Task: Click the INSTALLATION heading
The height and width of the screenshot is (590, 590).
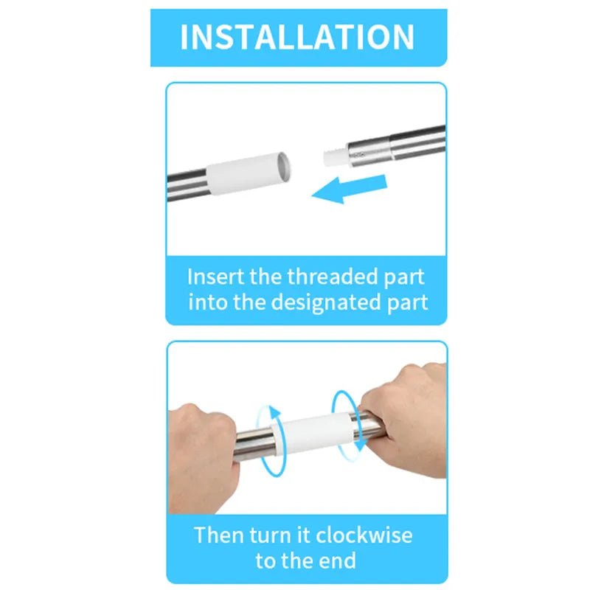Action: coord(297,37)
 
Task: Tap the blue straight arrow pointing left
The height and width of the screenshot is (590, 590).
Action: coord(350,189)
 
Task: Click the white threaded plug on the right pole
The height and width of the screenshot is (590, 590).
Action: coord(335,157)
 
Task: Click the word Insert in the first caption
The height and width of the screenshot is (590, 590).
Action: coord(216,277)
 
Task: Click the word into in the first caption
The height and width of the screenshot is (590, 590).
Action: coord(208,302)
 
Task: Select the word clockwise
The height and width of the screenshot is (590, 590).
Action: coord(364,535)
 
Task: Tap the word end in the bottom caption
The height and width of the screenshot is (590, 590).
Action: coord(337,560)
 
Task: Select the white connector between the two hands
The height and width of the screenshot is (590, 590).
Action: coord(312,434)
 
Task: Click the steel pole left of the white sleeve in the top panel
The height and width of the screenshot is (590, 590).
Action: coord(187,185)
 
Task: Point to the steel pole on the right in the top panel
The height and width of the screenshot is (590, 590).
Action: coord(396,144)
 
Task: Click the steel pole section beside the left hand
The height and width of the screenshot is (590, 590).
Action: coord(254,444)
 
